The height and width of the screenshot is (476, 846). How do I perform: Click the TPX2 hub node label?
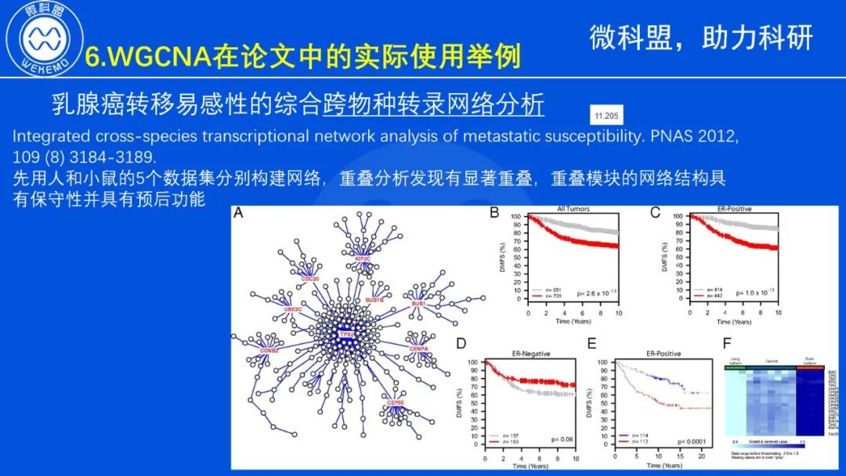click(346, 334)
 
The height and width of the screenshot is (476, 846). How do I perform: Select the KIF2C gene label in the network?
click(362, 258)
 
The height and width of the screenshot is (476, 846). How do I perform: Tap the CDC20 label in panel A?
click(310, 278)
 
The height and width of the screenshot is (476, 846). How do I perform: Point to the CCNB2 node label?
click(269, 350)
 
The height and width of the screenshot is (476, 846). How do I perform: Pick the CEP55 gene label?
click(396, 402)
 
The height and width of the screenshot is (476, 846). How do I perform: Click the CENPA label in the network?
click(418, 348)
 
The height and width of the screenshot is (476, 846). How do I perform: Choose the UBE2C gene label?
click(292, 309)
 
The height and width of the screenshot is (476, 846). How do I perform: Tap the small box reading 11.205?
click(606, 117)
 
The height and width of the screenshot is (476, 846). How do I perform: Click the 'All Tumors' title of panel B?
click(573, 209)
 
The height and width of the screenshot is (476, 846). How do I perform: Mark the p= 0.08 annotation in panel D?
click(562, 440)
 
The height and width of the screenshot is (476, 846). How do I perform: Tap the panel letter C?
click(656, 212)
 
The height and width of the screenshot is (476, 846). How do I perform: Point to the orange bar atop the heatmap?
click(811, 366)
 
